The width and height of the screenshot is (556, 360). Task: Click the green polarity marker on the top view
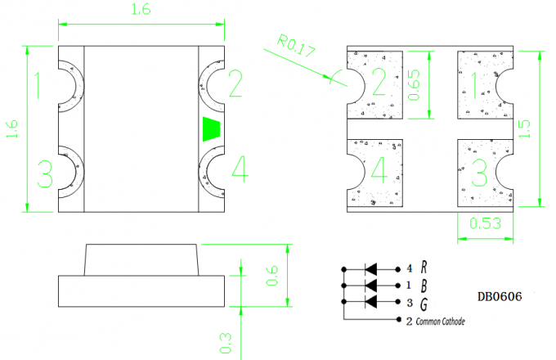[x=212, y=129]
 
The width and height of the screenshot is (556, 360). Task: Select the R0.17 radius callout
[x=296, y=49]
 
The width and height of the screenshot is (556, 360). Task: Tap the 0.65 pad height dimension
[x=415, y=84]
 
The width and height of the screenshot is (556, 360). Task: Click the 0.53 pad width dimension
[x=486, y=223]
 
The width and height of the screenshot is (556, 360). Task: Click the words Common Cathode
[x=441, y=322]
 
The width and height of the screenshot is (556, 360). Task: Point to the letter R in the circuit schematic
[x=424, y=268]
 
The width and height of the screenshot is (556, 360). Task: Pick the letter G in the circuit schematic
[x=424, y=303]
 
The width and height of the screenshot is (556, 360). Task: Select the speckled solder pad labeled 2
[x=377, y=84]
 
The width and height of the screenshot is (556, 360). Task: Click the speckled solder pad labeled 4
[x=377, y=173]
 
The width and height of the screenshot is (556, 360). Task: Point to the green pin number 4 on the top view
[x=239, y=169]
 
